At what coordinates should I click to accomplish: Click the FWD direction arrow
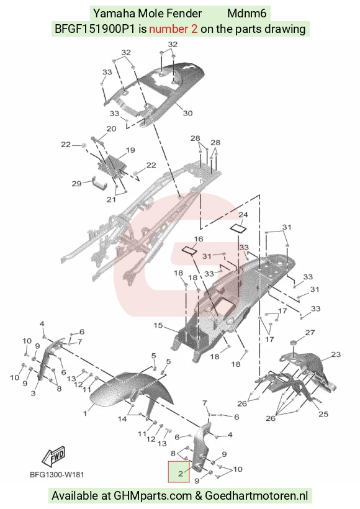click(54, 456)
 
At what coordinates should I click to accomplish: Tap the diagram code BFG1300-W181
click(57, 475)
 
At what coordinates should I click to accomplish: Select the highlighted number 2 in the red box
click(180, 473)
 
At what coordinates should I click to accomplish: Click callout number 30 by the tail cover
click(187, 113)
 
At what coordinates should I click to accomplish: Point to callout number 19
click(130, 150)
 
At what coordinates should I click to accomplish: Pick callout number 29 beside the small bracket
click(76, 184)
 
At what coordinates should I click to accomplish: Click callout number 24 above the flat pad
click(243, 215)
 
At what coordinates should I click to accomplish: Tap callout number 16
click(199, 239)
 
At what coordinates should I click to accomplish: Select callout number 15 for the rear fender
click(158, 325)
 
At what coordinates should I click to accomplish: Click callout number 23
click(336, 354)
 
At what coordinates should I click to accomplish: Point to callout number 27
click(310, 333)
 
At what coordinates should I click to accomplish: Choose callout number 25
click(323, 414)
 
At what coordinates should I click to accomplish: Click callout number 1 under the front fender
click(85, 413)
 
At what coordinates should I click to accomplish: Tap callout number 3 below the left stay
click(33, 394)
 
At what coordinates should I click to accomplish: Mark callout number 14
click(122, 419)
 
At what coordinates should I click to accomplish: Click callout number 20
click(111, 129)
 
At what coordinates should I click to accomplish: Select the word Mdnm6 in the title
click(246, 13)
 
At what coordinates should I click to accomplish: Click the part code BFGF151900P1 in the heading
click(94, 29)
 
